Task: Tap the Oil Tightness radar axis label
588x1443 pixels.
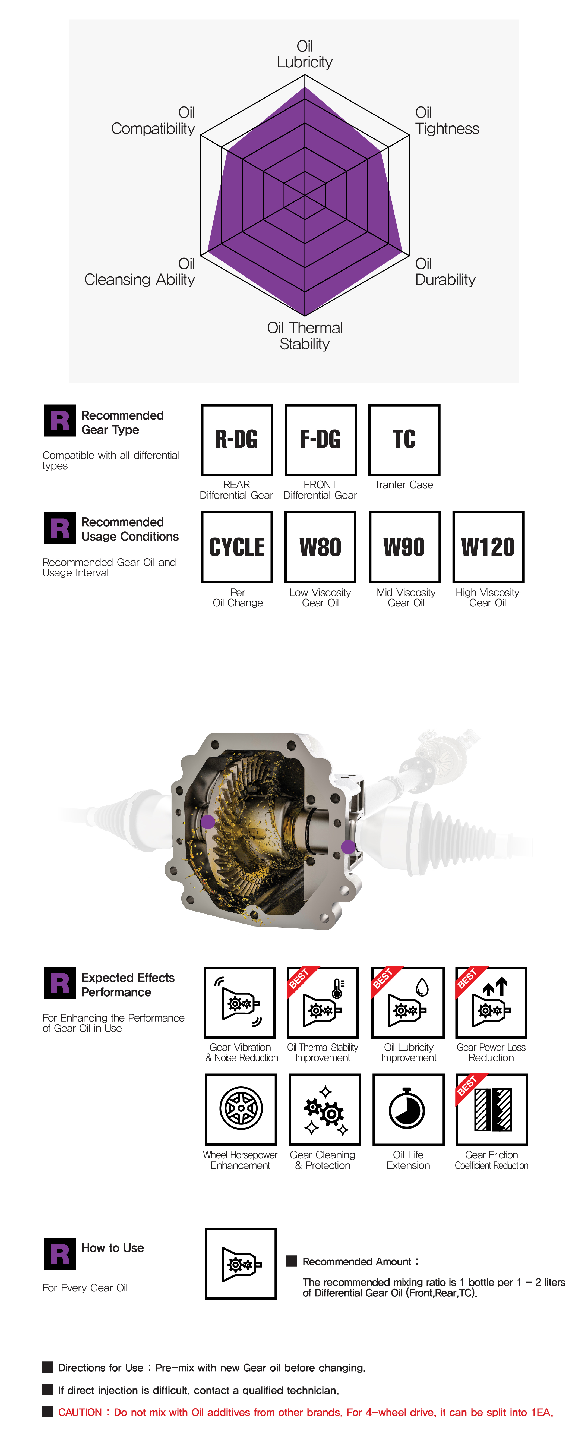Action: pos(447,121)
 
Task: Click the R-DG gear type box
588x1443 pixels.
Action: pos(237,440)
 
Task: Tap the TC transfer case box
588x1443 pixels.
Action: pos(404,440)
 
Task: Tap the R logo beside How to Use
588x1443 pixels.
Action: pos(59,1254)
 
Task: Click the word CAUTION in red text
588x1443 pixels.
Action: pos(80,1412)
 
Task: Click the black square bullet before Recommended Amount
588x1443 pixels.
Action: pos(291,1261)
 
